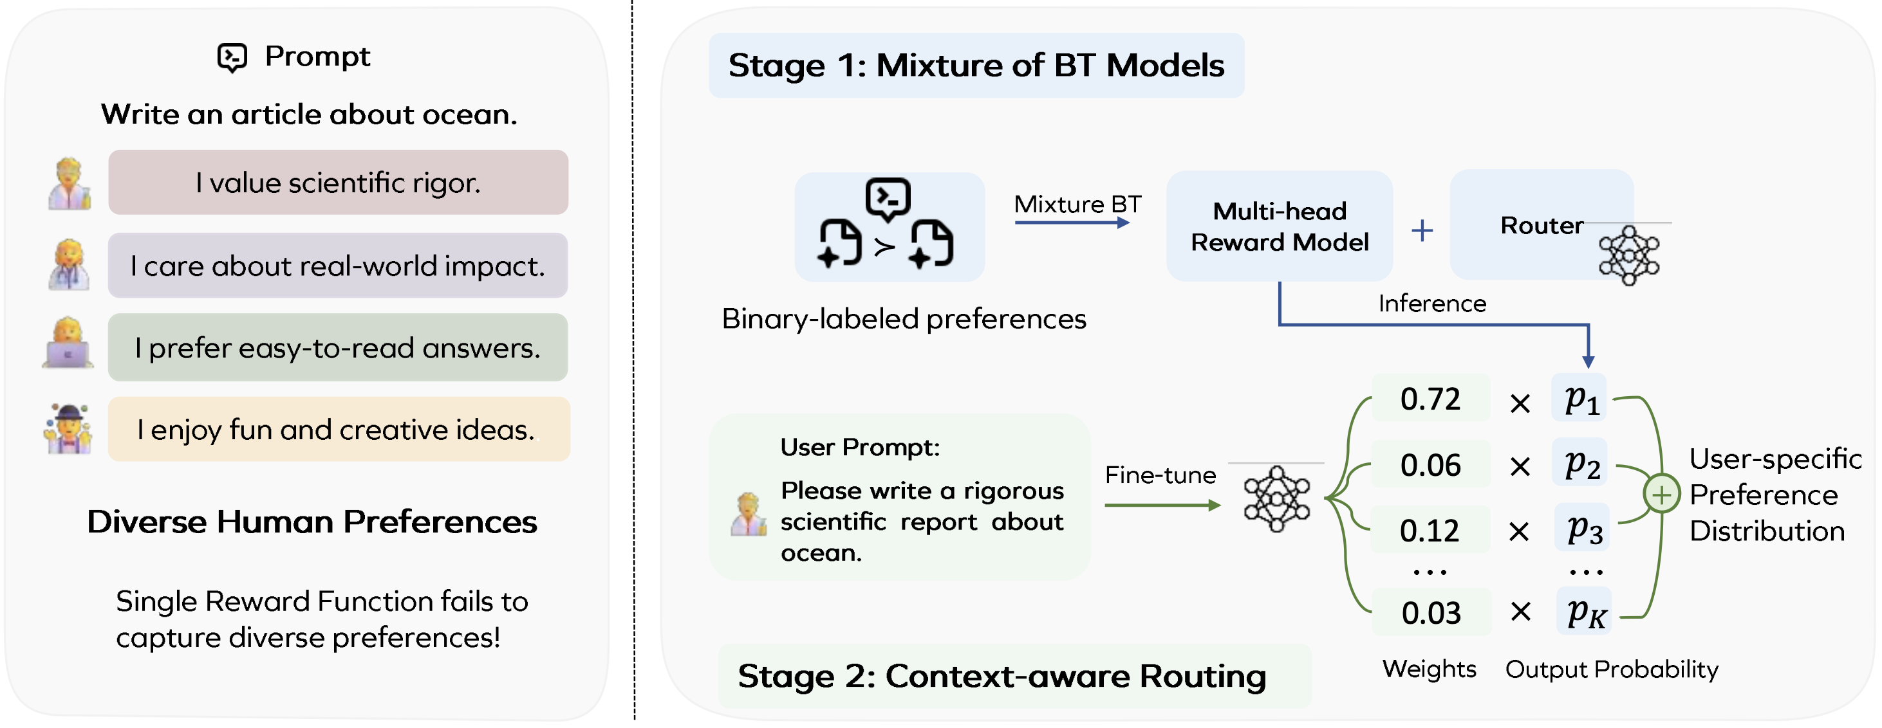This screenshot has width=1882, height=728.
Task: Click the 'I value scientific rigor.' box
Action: [339, 182]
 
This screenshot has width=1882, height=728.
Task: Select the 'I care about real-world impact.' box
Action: [339, 265]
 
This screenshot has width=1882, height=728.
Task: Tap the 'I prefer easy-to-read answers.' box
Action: [339, 347]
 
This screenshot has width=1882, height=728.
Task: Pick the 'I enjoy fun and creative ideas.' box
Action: [339, 430]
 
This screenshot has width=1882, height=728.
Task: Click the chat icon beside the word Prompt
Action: [232, 57]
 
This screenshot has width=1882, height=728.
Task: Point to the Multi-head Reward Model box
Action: [1280, 226]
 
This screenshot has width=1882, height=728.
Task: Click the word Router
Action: [1542, 226]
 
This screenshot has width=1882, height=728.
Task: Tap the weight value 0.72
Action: [1430, 399]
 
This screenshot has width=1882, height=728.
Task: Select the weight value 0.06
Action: [1430, 464]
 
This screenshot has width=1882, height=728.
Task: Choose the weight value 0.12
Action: [1430, 530]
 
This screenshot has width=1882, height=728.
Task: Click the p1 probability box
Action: [1580, 399]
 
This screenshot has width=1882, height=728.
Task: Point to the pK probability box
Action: [1584, 611]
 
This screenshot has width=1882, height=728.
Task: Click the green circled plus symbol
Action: [1661, 495]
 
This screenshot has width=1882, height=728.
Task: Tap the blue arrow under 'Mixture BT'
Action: [1072, 222]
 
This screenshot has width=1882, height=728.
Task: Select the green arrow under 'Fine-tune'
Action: [1162, 505]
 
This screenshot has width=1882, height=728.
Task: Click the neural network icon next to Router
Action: [1628, 255]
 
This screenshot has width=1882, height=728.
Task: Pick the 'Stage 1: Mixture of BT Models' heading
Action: [976, 65]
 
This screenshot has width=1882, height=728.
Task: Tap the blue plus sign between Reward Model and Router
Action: [1422, 231]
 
